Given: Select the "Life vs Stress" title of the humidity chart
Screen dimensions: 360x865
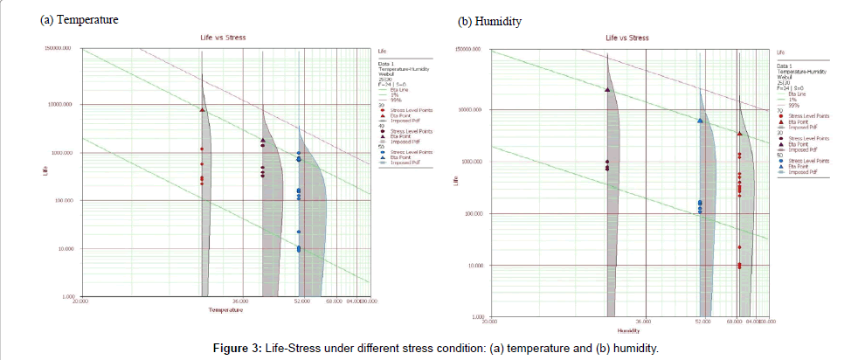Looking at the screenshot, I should pos(627,38).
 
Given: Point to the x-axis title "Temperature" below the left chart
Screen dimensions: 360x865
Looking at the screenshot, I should pos(219,310).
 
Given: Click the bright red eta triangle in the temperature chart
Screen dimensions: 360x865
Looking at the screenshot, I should pos(203,110).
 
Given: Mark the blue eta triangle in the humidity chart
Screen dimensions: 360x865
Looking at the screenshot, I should pos(701,121).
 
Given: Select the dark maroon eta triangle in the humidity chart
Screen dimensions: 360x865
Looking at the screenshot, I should pos(607,89).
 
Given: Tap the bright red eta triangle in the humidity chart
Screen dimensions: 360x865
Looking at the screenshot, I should pos(740,134).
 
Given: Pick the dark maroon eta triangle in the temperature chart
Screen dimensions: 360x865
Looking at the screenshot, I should pos(263,140).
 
